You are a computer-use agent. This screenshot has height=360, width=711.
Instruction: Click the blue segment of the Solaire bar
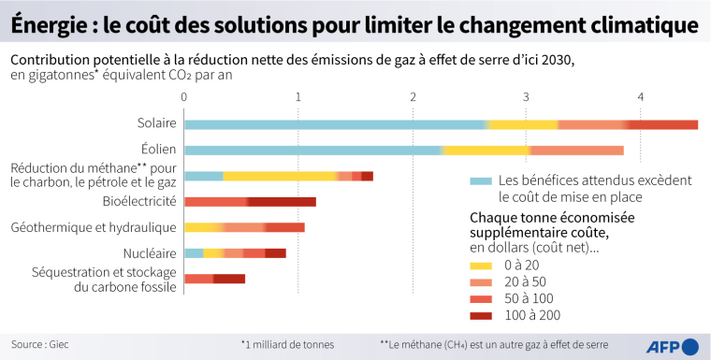(x=336, y=124)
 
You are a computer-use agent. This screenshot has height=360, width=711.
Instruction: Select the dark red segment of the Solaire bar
(x=662, y=124)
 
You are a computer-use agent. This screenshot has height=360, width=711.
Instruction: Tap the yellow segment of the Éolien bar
(x=486, y=150)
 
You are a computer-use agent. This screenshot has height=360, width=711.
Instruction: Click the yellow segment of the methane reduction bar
(x=280, y=176)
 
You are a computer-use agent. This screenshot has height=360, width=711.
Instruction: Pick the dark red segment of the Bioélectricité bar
(x=282, y=201)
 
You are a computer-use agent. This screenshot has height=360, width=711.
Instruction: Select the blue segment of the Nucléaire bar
(x=194, y=252)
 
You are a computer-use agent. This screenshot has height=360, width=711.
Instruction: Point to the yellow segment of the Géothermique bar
(x=204, y=227)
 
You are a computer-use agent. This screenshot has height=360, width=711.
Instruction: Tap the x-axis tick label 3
(x=527, y=96)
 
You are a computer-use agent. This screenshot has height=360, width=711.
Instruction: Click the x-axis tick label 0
(x=185, y=96)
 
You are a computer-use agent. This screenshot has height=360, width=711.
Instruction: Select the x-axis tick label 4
(x=641, y=96)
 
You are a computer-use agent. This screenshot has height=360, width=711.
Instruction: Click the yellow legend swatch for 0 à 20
(x=480, y=266)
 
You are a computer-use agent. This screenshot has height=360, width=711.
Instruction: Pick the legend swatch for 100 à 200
(x=480, y=316)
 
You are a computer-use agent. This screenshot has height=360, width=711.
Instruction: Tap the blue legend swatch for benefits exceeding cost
(x=480, y=180)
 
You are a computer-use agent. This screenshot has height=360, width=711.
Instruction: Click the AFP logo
(x=673, y=345)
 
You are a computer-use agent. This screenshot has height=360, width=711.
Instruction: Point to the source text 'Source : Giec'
(x=39, y=344)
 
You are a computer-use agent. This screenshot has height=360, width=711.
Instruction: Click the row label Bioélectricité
(x=138, y=201)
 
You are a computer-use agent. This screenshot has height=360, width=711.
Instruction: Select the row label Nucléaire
(x=150, y=253)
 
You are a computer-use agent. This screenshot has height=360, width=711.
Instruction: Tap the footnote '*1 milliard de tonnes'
(x=287, y=344)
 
